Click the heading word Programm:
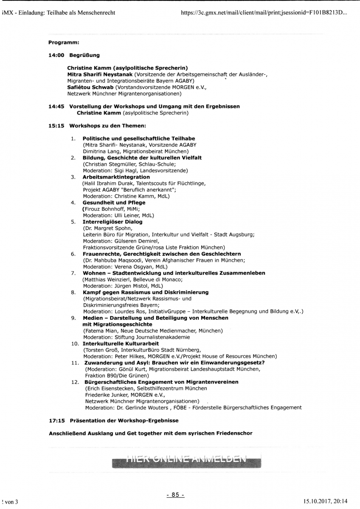[x=64, y=42]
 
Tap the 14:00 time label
[x=56, y=55]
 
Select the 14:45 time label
[x=56, y=106]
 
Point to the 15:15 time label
[x=56, y=126]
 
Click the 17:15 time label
[x=56, y=421]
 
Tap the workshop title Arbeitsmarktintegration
[x=116, y=177]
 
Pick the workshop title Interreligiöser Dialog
[x=112, y=221]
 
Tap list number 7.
[x=73, y=273]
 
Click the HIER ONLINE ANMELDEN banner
[x=186, y=459]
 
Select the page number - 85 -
[x=175, y=495]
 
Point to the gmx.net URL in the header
[x=263, y=13]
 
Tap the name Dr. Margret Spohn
[x=102, y=228]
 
